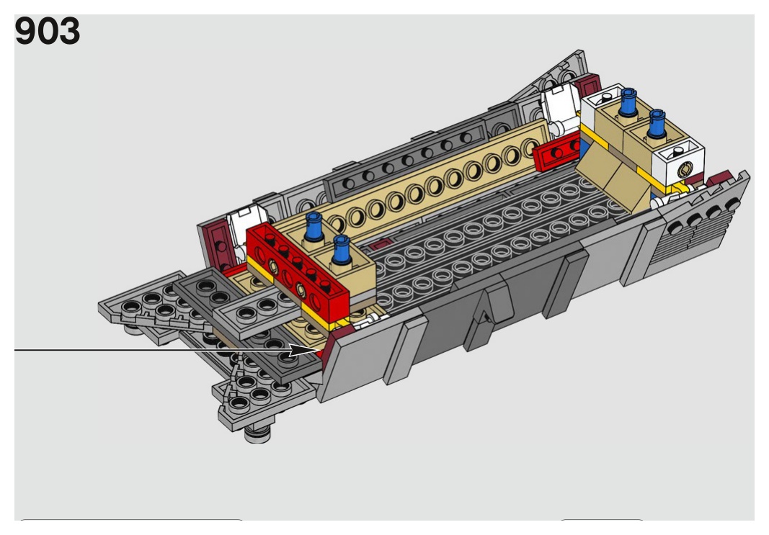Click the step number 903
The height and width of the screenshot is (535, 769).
click(47, 32)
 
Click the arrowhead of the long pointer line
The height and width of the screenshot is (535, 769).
click(306, 351)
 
